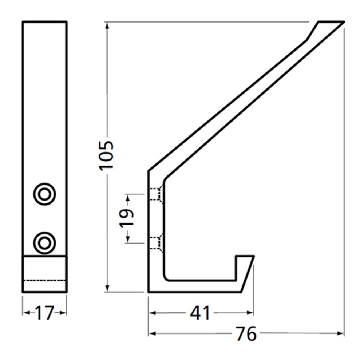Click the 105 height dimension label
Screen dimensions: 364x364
pos(107,154)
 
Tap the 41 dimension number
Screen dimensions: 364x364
pos(200,313)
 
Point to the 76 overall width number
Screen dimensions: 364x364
pos(246,333)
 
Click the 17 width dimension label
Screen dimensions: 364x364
pos(44,313)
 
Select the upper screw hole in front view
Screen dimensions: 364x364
pos(44,194)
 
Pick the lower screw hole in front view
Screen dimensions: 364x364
pos(44,242)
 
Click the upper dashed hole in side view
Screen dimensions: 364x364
pos(156,194)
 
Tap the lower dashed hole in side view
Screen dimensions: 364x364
pos(156,243)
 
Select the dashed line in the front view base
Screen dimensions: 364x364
pos(44,281)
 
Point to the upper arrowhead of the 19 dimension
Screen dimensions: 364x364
pos(128,198)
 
